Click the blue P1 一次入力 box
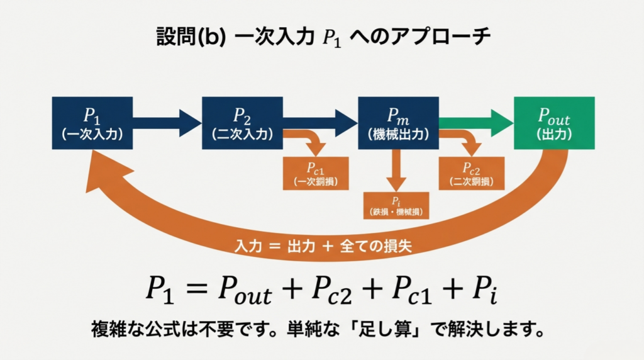click(92, 123)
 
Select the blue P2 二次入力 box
click(243, 123)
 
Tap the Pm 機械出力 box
click(398, 123)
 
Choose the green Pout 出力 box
click(554, 123)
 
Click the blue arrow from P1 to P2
click(167, 123)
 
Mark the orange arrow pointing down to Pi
click(396, 170)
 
